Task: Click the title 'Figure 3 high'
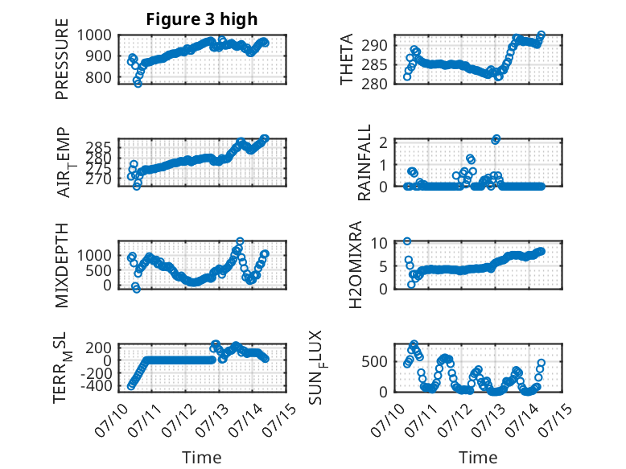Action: pyautogui.click(x=202, y=19)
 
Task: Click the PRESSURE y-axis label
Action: pyautogui.click(x=62, y=59)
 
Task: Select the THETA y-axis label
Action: pyautogui.click(x=347, y=59)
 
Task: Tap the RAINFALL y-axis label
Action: pyautogui.click(x=364, y=163)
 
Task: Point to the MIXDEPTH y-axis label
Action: pyautogui.click(x=62, y=265)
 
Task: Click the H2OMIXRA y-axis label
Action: pyautogui.click(x=356, y=265)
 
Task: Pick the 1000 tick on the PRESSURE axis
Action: pyautogui.click(x=94, y=35)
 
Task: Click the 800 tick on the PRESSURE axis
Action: pyautogui.click(x=98, y=77)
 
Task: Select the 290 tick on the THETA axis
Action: pyautogui.click(x=374, y=45)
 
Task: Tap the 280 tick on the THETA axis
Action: pyautogui.click(x=374, y=84)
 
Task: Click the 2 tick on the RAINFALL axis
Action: pyautogui.click(x=383, y=142)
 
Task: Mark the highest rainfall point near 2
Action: pyautogui.click(x=496, y=139)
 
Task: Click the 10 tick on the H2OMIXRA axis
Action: pyautogui.click(x=379, y=243)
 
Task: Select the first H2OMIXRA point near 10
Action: pyautogui.click(x=407, y=241)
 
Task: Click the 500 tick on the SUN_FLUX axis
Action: pyautogui.click(x=374, y=362)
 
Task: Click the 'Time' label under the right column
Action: pyautogui.click(x=478, y=458)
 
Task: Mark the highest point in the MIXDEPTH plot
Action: pyautogui.click(x=240, y=241)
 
